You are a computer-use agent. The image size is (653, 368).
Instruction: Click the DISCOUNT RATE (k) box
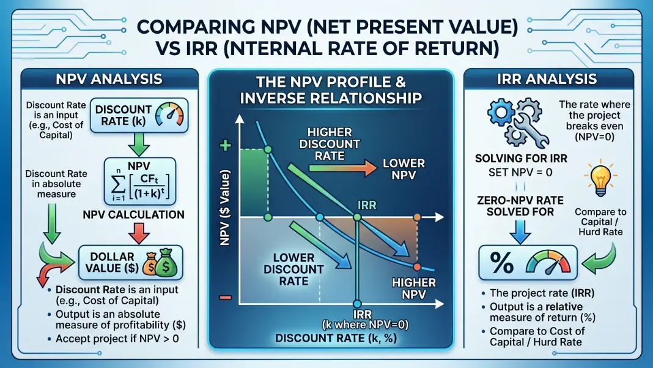point(139,116)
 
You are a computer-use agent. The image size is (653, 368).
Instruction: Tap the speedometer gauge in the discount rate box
point(169,115)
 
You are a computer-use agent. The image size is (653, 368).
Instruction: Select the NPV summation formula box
point(139,181)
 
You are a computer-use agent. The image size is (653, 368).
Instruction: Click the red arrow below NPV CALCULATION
point(139,233)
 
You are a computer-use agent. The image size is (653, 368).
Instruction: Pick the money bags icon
point(160,263)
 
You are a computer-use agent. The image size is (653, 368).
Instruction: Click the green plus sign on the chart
point(225,146)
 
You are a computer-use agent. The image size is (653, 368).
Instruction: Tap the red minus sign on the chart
point(225,298)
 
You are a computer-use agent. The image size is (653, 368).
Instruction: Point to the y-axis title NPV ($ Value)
point(224,208)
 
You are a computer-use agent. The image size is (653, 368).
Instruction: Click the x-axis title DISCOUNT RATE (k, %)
point(336,338)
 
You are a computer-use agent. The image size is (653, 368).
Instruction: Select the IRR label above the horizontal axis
point(366,205)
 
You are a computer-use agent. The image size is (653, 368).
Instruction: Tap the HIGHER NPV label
point(413,288)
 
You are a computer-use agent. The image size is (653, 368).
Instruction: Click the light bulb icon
point(600,178)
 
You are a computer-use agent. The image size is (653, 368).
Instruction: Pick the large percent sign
point(501,263)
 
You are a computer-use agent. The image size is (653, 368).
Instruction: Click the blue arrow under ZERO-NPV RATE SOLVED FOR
point(520,231)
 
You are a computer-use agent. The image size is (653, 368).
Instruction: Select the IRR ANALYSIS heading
point(547,79)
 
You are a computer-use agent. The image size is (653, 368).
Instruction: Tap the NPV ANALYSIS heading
point(109,79)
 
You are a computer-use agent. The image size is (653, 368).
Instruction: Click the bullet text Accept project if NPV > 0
point(117,339)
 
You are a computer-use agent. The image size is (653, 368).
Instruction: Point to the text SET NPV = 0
point(520,172)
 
